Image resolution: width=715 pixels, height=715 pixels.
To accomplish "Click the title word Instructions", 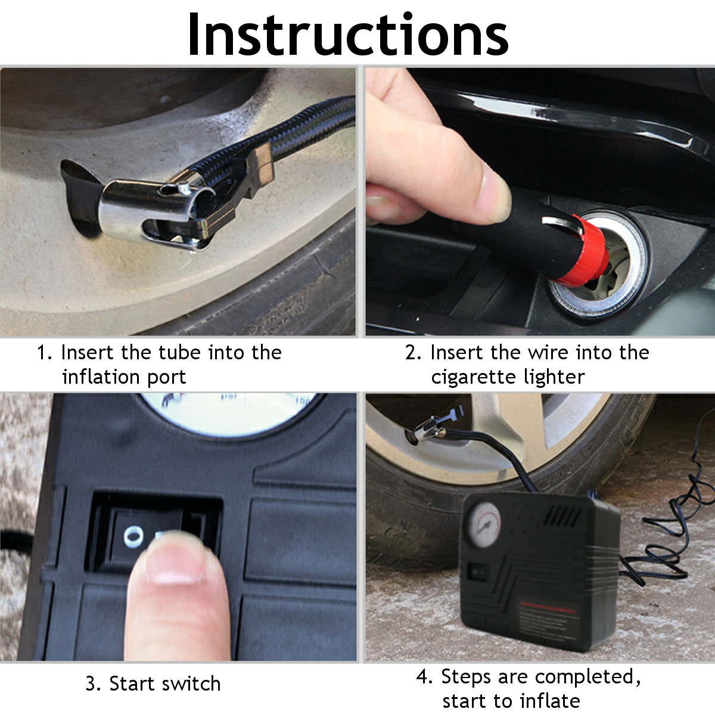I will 348,35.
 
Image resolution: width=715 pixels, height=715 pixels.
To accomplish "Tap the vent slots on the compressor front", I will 564,515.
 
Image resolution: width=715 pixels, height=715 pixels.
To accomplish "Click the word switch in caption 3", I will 193,683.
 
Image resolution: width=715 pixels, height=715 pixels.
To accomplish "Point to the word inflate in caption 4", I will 549,701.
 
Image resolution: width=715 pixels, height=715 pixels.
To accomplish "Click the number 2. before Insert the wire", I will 413,353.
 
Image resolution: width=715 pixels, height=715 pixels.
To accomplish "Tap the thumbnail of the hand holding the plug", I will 494,191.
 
